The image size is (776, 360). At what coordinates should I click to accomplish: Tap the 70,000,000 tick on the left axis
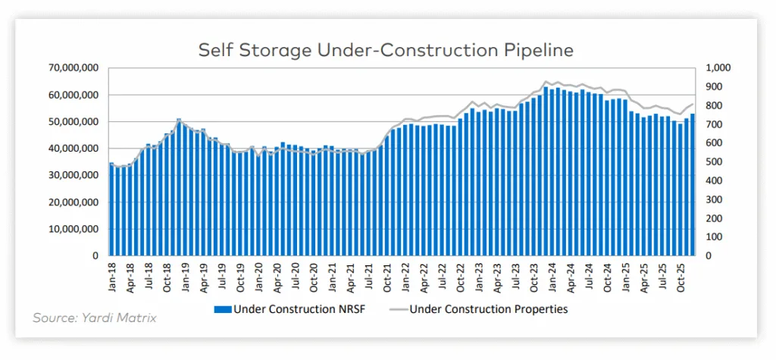74,68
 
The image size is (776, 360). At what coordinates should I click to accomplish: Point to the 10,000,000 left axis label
74,230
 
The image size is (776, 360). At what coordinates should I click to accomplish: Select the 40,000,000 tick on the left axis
74,149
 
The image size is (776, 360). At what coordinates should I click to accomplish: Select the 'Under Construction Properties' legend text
488,309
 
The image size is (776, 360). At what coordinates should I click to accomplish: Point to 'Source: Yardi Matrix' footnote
95,318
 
